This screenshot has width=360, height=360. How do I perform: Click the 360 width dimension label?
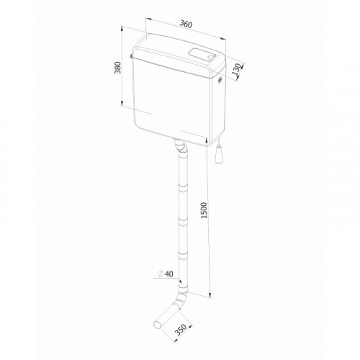[x=186, y=24]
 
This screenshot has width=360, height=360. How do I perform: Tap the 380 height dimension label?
[x=118, y=68]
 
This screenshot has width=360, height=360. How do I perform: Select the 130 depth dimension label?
[x=236, y=69]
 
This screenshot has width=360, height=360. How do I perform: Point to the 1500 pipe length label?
[x=204, y=210]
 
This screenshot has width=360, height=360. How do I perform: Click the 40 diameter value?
[x=169, y=274]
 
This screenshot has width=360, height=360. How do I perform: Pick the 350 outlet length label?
[x=181, y=330]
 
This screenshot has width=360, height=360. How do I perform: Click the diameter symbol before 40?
[x=161, y=274]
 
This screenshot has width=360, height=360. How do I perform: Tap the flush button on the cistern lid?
[x=201, y=55]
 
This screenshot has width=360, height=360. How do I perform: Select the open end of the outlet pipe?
[x=158, y=324]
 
